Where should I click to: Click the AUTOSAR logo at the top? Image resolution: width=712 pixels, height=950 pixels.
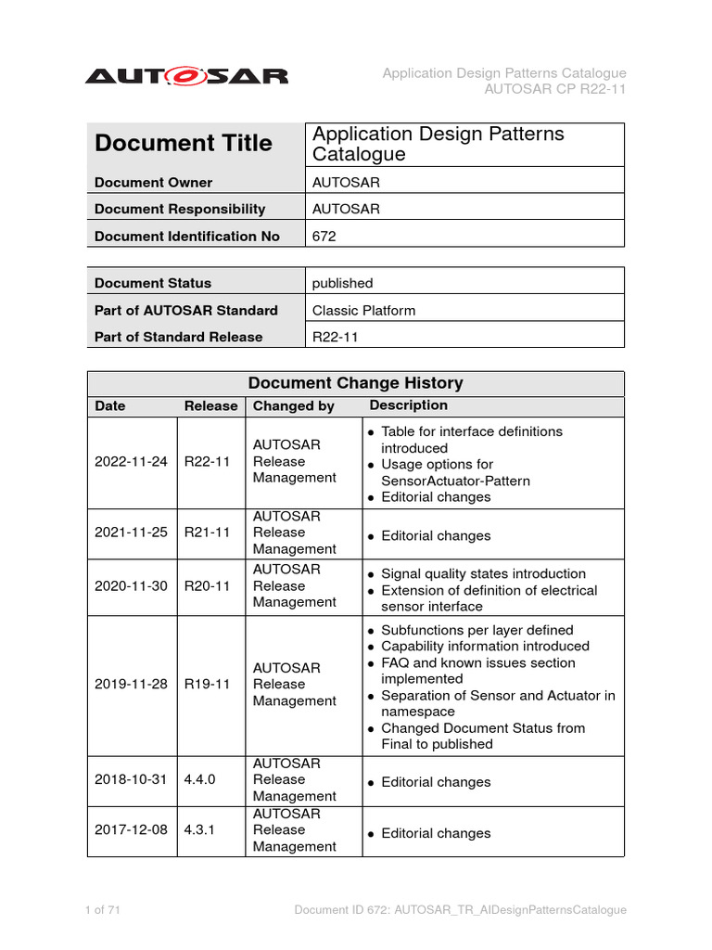(186, 76)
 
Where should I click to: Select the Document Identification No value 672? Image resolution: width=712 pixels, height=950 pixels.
(324, 237)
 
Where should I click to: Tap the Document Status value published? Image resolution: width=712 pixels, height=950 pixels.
(342, 283)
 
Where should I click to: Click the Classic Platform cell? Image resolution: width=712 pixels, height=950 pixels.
(363, 310)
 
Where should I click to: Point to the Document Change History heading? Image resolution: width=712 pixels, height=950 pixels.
(355, 383)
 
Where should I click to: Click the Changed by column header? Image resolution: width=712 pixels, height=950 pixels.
(294, 406)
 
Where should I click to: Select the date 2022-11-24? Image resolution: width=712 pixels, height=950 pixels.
(131, 461)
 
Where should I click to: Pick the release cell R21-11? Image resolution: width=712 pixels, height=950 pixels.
(207, 533)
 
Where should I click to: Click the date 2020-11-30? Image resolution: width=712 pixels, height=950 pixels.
(131, 585)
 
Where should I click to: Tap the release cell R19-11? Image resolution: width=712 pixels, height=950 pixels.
(207, 684)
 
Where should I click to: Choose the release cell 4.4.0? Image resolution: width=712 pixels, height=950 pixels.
(199, 779)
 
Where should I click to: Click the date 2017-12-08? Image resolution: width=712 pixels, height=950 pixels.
(131, 829)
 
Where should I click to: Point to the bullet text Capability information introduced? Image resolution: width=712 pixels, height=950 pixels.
(485, 646)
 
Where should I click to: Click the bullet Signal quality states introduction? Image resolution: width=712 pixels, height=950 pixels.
(483, 573)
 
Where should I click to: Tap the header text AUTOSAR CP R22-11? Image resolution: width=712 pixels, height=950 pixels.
(555, 89)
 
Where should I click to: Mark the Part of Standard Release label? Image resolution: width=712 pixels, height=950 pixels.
(178, 337)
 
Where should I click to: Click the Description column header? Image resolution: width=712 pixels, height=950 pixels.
(408, 405)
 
